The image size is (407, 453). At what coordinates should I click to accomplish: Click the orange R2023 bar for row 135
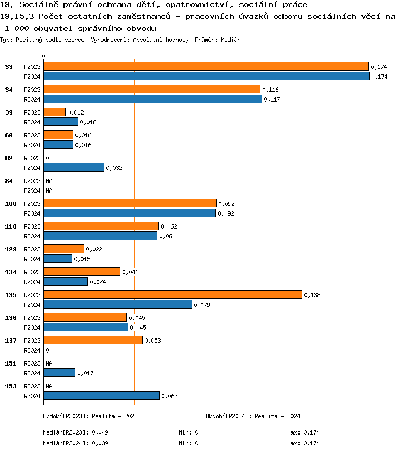click(173, 294)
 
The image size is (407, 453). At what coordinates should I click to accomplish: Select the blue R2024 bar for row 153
click(101, 395)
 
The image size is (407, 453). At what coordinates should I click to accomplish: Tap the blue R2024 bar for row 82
click(74, 167)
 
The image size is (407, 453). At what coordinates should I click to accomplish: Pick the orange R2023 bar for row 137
click(93, 340)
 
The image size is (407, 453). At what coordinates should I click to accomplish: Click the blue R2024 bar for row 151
click(60, 373)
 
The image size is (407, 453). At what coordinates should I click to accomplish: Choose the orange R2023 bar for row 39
click(55, 112)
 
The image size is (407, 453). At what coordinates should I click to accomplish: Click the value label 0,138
click(312, 295)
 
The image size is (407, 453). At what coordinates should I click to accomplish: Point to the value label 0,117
click(272, 99)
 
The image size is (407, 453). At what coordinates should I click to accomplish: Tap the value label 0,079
click(202, 305)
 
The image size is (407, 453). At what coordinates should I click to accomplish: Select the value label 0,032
click(114, 168)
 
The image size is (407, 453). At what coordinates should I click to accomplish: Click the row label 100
click(11, 204)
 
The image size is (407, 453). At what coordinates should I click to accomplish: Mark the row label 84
click(9, 181)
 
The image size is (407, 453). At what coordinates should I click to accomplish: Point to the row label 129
click(11, 249)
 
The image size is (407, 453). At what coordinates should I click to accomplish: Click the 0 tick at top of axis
click(44, 56)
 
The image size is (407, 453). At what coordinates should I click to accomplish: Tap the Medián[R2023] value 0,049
click(101, 433)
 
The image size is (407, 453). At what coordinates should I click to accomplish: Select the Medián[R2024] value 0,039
click(101, 444)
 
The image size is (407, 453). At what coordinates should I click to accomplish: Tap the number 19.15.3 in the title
click(16, 17)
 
